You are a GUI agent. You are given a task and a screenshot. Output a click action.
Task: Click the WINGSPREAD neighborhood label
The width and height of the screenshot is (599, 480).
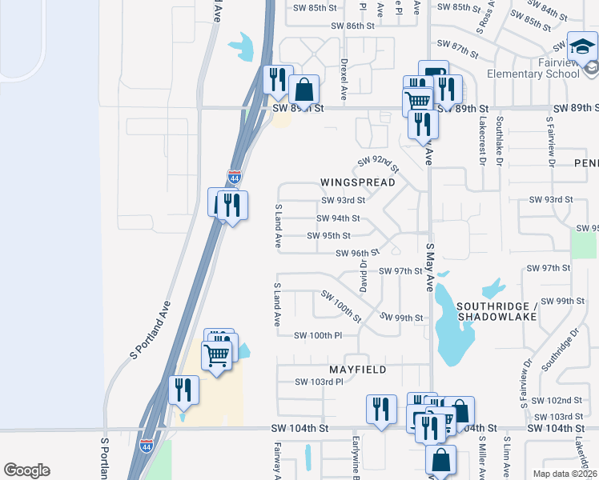pos(358,182)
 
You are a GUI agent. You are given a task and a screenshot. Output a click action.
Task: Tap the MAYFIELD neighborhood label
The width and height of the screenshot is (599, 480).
pos(358,370)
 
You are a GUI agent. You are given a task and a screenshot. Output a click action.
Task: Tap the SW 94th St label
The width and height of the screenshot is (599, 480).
pos(338,218)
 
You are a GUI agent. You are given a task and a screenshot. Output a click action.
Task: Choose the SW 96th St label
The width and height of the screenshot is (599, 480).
pos(357,253)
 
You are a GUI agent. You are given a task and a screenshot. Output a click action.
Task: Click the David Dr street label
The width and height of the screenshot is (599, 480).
pos(363,274)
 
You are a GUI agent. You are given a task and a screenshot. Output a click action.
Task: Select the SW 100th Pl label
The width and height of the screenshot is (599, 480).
pos(318,335)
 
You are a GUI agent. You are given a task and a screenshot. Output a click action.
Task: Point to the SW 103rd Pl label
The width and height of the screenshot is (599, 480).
pos(319,382)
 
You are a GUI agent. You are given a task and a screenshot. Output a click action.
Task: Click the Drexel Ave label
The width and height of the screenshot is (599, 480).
pos(344,78)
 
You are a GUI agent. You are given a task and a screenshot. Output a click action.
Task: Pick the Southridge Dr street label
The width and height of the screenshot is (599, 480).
pos(559,353)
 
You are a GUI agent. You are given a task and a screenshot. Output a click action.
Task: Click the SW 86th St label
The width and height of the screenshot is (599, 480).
pos(353,26)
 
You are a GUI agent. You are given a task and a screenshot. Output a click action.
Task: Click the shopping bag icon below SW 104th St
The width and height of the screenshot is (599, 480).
pos(440,460)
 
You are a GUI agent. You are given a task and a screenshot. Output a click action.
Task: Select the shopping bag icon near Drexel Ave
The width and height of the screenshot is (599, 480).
pos(304,90)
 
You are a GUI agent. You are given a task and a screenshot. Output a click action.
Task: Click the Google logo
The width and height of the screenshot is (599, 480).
pos(26,470)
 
